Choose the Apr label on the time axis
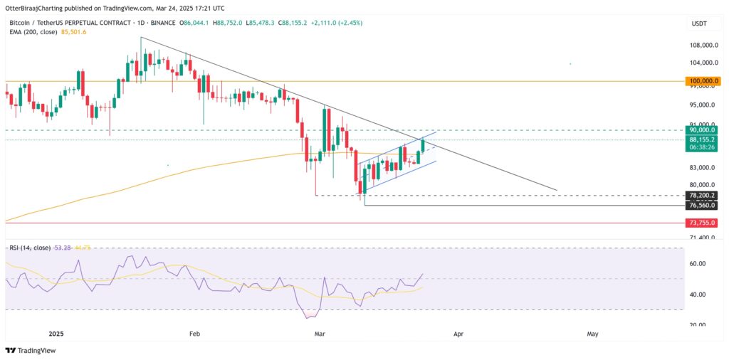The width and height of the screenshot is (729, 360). (458, 333)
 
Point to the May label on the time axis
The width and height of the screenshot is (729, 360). (592, 333)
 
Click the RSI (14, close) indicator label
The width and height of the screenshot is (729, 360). (29, 248)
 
